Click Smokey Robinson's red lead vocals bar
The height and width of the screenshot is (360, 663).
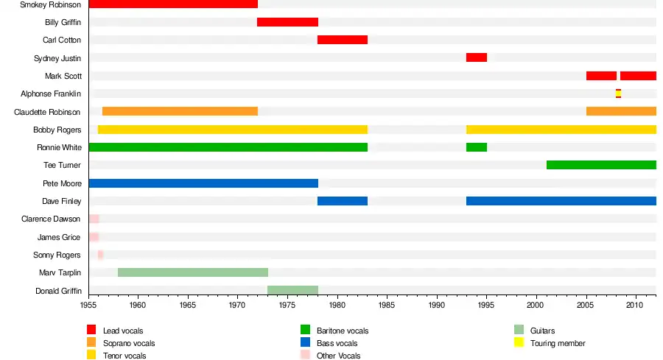point(173,4)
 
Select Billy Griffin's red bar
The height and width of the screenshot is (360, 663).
point(287,22)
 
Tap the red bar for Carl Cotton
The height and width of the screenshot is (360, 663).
point(342,40)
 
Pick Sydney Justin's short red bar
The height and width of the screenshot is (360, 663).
point(476,57)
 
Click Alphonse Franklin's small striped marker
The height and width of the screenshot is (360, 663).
point(618,93)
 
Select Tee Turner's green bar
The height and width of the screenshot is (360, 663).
point(601,165)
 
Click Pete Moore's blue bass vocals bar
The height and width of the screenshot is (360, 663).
point(203,183)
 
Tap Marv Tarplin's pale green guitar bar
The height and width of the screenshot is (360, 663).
point(192,272)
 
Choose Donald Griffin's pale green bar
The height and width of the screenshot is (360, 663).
point(292,290)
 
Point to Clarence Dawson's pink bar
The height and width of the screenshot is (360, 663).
point(94,219)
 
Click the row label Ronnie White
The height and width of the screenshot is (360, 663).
point(59,147)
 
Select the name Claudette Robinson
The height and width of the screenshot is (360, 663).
point(48,112)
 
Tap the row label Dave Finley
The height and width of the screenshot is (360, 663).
point(62,201)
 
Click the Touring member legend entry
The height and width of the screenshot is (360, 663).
point(557,343)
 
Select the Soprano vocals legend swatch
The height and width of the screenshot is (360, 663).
point(92,342)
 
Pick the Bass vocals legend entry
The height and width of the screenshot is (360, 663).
point(337,343)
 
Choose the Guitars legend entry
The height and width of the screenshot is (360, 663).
point(542,331)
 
